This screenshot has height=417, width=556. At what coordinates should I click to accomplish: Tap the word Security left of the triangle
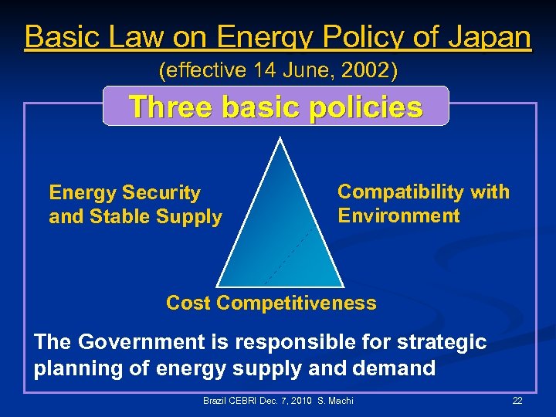pos(164,192)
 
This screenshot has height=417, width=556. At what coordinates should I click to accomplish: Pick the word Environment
pos(398,215)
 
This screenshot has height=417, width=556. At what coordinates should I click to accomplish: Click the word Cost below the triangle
pos(188,303)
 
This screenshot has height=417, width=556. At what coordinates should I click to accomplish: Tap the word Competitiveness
pos(297,303)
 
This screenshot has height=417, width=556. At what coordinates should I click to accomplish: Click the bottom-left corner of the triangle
pos(217,286)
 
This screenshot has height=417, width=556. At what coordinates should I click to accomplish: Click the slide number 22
pos(517,401)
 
